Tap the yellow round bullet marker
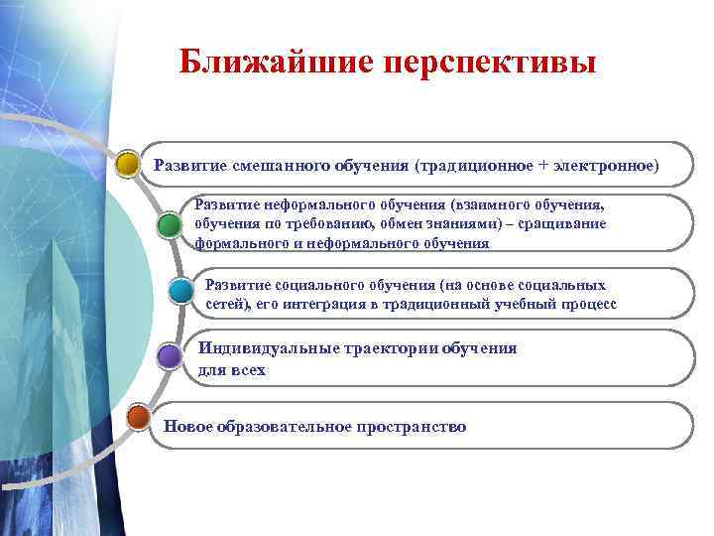pyautogui.click(x=127, y=163)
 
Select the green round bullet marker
pyautogui.click(x=170, y=223)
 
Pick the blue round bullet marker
pyautogui.click(x=180, y=291)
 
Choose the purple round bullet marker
pyautogui.click(x=169, y=354)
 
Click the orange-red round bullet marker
pyautogui.click(x=138, y=416)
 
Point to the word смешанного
pyautogui.click(x=273, y=164)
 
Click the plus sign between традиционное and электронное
pyautogui.click(x=541, y=164)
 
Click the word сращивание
pyautogui.click(x=566, y=223)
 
